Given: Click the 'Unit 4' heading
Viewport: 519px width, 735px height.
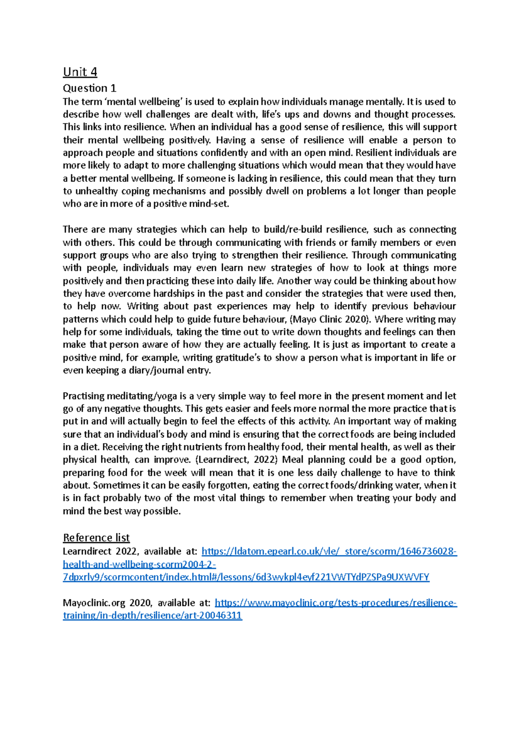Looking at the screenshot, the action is click(x=80, y=71).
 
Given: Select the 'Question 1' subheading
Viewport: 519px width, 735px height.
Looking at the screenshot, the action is click(x=90, y=88).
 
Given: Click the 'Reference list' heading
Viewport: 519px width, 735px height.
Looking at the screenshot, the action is click(x=96, y=538).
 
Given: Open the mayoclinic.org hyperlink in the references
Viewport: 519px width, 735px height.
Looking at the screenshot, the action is click(x=335, y=603).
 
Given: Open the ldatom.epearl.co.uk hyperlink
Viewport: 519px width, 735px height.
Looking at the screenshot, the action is click(x=329, y=551).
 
